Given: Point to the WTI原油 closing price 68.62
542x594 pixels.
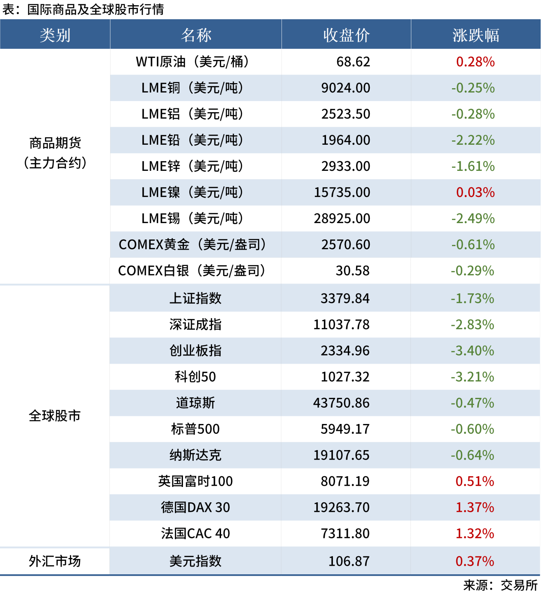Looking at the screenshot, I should [353, 62].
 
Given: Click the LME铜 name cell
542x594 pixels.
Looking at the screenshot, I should [193, 88].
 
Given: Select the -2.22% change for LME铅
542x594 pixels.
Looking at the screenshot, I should [473, 140].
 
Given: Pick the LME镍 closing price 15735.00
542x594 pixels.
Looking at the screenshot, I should [342, 192].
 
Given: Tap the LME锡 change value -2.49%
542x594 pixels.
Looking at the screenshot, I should [473, 218].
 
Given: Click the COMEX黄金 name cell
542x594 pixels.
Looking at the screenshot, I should [193, 245].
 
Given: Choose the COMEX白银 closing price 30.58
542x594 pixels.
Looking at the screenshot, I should [352, 271].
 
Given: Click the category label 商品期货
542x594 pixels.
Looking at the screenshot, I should [55, 143].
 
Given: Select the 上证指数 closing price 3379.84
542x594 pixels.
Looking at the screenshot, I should [345, 298].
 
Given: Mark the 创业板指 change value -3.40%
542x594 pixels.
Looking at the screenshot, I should [472, 351].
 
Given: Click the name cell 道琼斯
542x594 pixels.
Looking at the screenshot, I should [195, 403].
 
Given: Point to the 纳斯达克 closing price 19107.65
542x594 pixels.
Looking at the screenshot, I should [341, 455].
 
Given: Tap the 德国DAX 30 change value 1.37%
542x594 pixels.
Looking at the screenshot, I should [475, 507].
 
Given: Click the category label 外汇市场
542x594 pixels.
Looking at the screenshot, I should [54, 561].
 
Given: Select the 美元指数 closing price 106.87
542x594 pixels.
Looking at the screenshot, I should [349, 561].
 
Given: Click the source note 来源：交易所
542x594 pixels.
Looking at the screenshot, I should [500, 585].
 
